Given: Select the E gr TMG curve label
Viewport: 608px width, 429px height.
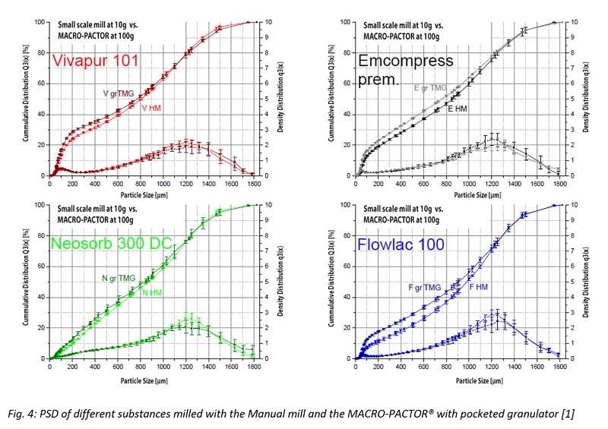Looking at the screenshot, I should coord(430,87).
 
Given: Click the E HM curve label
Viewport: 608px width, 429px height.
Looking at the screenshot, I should coord(458,109).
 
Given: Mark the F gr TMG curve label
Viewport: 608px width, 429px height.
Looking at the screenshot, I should coord(420,287).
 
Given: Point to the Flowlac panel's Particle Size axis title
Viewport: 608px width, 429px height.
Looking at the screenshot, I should coord(457,374).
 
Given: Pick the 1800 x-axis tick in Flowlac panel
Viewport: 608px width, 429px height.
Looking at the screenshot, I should coord(559,366).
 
